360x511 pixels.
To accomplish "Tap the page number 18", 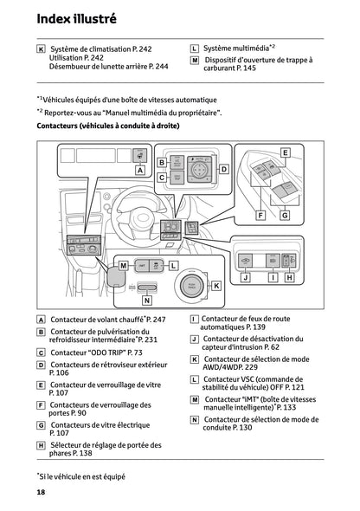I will (x=41, y=492).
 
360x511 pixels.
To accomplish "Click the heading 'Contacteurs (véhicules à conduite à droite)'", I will (x=108, y=126).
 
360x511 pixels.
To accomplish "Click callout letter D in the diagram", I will (x=223, y=169).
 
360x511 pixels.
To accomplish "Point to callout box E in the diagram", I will (x=285, y=152).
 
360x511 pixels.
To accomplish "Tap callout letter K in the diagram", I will (x=216, y=285).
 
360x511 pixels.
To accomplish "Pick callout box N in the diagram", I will (x=147, y=300).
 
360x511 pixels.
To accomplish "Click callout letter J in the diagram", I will (x=246, y=277).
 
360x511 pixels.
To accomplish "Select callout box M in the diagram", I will (x=124, y=265).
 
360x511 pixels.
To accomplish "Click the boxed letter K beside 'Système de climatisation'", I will (x=42, y=49).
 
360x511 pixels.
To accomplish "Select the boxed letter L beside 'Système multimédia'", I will (x=195, y=49).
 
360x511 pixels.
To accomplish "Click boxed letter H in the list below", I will (x=42, y=445).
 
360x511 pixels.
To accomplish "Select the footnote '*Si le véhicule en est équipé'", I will (x=80, y=475).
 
